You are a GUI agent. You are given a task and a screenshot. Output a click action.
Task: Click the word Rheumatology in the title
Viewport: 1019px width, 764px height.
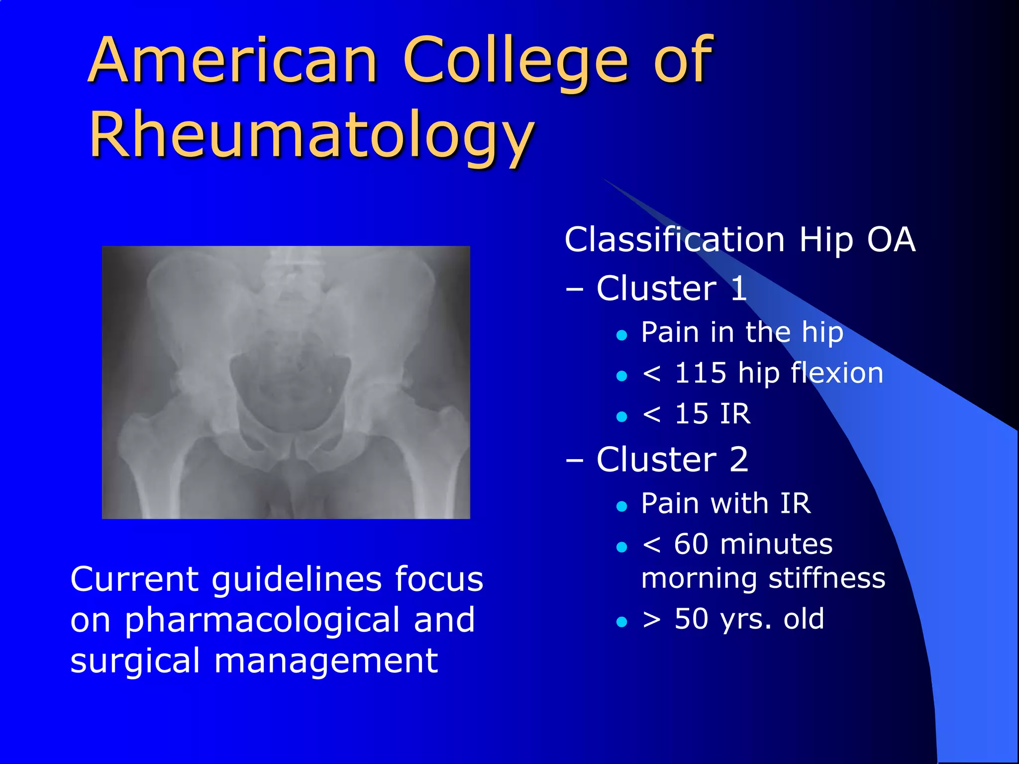tap(312, 135)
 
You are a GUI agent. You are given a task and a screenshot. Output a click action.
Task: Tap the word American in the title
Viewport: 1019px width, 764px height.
tap(233, 61)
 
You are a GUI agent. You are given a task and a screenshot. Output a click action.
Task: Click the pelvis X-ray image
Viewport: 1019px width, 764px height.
tap(286, 382)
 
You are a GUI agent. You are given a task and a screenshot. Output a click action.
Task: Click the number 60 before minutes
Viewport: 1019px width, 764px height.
tap(691, 544)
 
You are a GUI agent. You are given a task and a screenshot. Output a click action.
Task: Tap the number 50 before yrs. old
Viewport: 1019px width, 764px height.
tap(691, 619)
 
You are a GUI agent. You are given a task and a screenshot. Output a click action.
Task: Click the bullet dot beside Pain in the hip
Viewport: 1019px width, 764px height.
tap(621, 335)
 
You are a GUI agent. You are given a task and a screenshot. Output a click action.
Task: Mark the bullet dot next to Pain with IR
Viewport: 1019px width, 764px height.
tap(621, 506)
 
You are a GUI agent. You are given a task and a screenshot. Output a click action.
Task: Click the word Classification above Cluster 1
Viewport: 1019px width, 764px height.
tap(675, 240)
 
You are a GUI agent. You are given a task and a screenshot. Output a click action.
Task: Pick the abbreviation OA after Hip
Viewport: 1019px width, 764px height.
tap(891, 240)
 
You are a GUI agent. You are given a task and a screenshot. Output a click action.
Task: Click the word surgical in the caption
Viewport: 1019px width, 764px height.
tap(135, 662)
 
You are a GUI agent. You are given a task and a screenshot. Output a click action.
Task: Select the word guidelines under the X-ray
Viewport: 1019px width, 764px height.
tap(298, 579)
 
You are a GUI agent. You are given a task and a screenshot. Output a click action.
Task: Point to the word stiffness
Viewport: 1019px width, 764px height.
tap(826, 578)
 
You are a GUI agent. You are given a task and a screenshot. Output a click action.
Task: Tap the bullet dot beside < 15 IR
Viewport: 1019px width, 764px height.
tap(621, 416)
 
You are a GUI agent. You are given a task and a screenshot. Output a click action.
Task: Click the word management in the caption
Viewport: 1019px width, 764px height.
tap(326, 662)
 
